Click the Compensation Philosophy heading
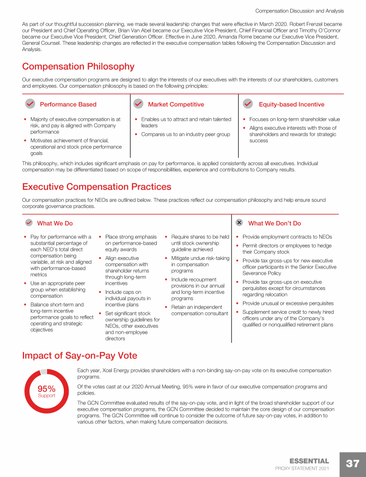(78, 67)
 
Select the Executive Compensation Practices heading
(96, 187)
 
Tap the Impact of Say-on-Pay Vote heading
(80, 355)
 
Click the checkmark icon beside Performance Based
(30, 104)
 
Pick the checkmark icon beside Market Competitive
(139, 104)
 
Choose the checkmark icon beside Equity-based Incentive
(248, 104)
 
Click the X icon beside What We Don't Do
(239, 223)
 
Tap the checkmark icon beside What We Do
(29, 223)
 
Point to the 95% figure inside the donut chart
(47, 389)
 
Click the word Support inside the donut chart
(47, 395)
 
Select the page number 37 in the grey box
(353, 464)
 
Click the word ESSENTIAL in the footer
(309, 461)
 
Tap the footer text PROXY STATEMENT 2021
(302, 469)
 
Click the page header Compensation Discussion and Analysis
(299, 10)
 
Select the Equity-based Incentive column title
(291, 104)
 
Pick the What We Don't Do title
(274, 223)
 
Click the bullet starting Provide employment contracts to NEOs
(287, 237)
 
